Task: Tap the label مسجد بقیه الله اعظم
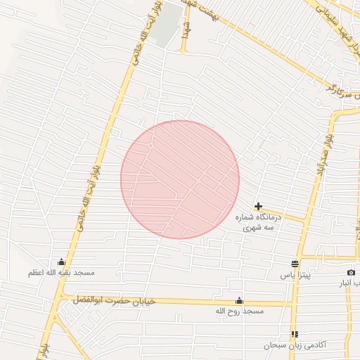click(x=61, y=272)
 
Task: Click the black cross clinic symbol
click(x=259, y=207)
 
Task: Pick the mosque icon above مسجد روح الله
click(x=239, y=300)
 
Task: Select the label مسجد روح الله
click(x=239, y=310)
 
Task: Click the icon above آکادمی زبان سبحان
click(x=294, y=334)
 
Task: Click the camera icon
click(x=351, y=272)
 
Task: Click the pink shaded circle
click(x=180, y=179)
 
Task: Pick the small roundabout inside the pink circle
click(x=151, y=146)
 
